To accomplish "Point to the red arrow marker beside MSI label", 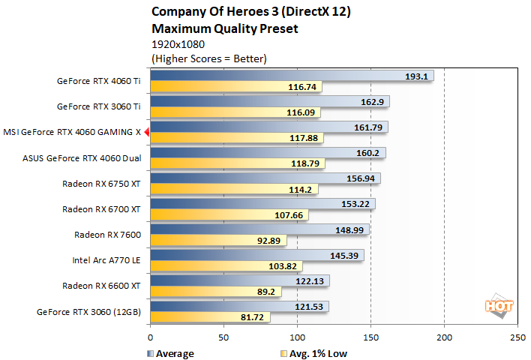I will tap(147, 133).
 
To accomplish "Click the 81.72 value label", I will tap(254, 317).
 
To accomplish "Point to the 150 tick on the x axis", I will tap(370, 337).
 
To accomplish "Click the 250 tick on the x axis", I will tap(517, 337).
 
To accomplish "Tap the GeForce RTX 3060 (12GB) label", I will tap(89, 311).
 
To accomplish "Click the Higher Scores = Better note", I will tap(209, 58).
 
